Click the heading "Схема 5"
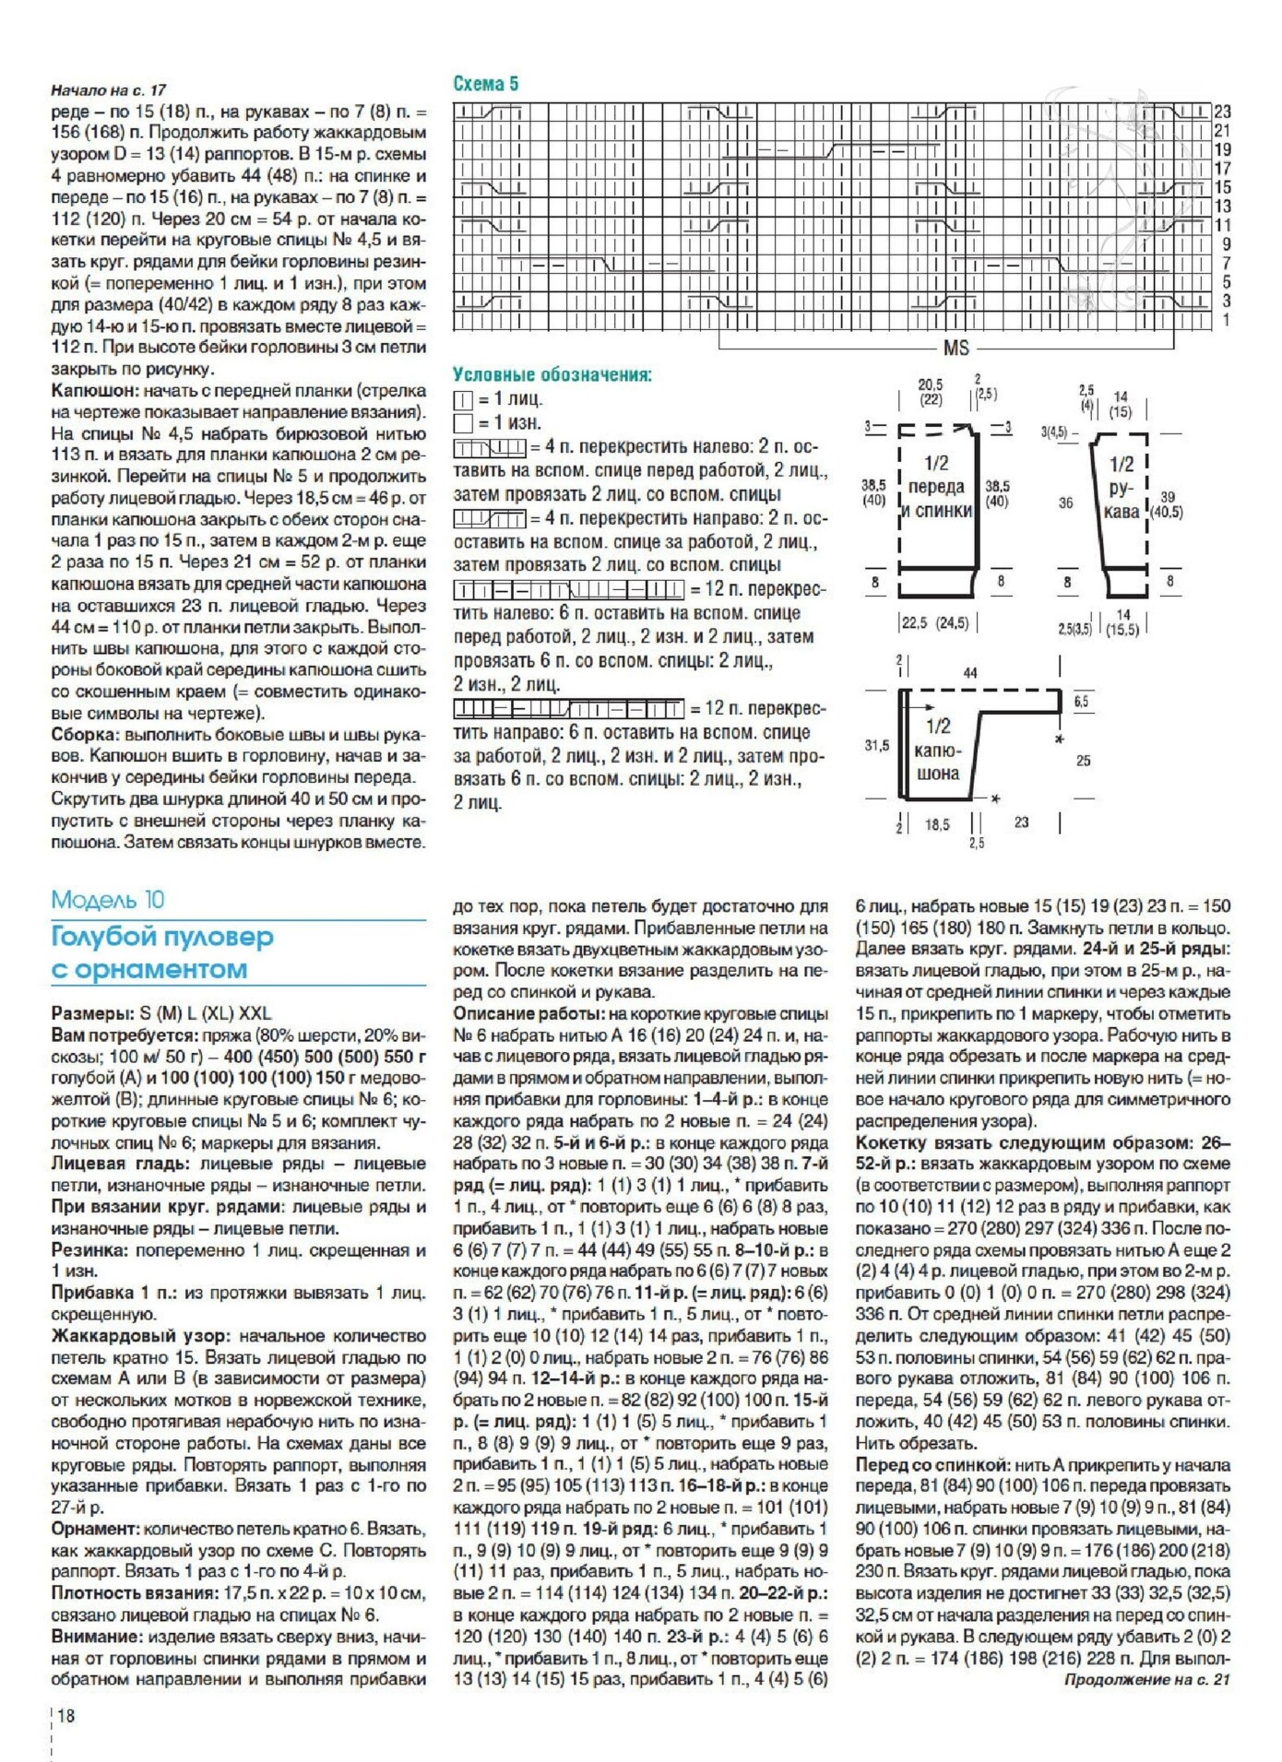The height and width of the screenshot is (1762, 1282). (485, 84)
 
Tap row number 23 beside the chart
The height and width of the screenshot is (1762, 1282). (1222, 111)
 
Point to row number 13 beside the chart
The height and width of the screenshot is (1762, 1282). (1222, 206)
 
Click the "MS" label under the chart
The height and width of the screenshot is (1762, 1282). (956, 348)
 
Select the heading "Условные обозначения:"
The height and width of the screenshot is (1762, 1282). (552, 375)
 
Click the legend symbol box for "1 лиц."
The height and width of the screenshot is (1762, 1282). (462, 400)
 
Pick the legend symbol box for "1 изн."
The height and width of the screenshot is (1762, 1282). (462, 423)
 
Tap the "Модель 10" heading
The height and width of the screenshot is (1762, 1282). (108, 899)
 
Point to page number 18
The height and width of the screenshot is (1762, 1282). (66, 1715)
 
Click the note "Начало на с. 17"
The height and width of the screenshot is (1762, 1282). (108, 89)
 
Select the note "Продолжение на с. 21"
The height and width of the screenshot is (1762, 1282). (1147, 1679)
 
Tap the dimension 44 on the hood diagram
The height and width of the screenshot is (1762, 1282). (969, 673)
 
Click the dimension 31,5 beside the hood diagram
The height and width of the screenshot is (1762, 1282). (876, 745)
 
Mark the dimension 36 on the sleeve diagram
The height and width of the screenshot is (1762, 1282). (1065, 503)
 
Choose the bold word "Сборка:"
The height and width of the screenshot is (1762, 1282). (85, 735)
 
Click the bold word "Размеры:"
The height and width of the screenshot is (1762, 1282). (92, 1013)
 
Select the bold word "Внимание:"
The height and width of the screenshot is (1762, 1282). (96, 1637)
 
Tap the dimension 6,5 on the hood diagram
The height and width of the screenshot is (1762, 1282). (1081, 702)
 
